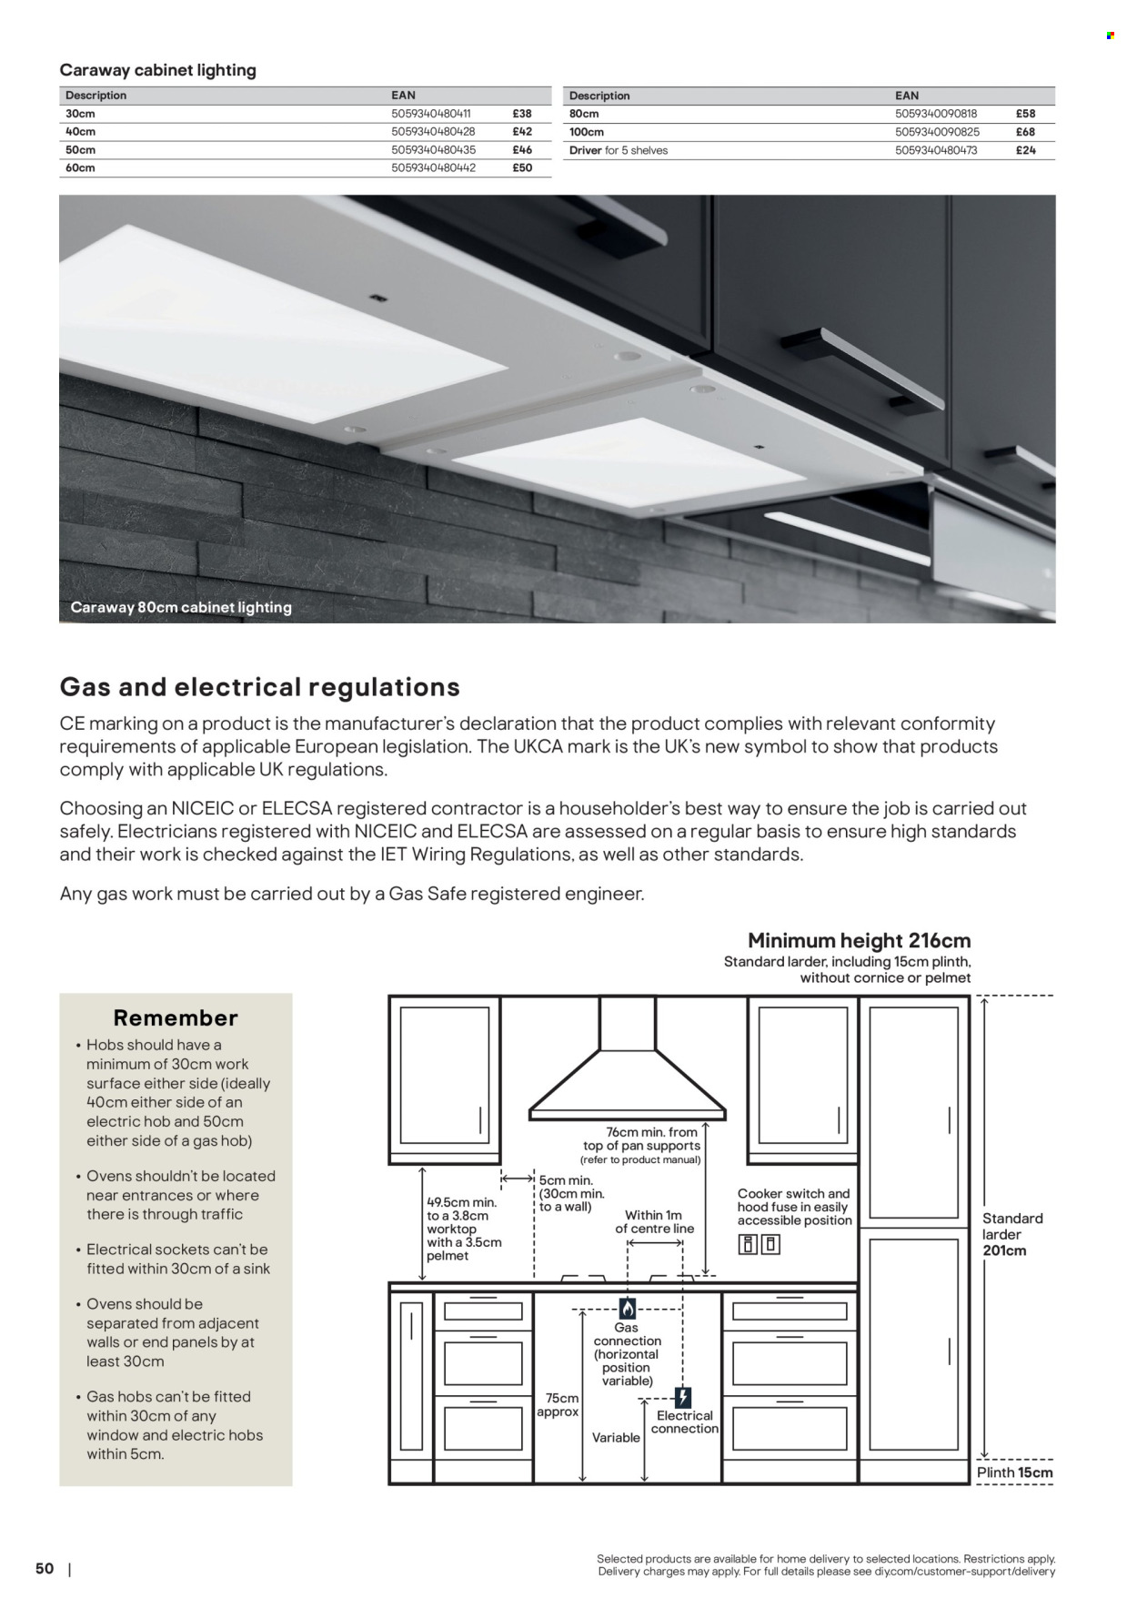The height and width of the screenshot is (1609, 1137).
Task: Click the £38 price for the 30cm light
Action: tap(521, 114)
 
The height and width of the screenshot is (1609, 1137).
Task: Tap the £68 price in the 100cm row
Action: tap(1025, 132)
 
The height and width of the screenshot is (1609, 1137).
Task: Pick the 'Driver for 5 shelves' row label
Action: tap(618, 150)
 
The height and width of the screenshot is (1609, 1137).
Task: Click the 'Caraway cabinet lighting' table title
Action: tap(157, 70)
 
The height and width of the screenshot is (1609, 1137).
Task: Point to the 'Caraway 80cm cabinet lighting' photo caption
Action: tap(181, 607)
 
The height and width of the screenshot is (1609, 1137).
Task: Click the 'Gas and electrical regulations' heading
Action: tap(259, 687)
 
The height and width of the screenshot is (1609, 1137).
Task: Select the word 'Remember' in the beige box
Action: tap(176, 1017)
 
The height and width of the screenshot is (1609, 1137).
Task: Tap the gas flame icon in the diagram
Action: tap(628, 1309)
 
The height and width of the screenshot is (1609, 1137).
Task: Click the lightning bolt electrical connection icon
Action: tap(684, 1397)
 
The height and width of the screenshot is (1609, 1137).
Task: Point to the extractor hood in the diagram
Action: tap(628, 1074)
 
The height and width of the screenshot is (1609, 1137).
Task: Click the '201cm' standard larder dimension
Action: tap(1004, 1250)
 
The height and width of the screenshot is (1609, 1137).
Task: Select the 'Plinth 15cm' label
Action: tap(1015, 1472)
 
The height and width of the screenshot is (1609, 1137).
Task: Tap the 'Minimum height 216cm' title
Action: tap(859, 940)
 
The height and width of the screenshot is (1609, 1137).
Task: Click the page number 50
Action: tap(45, 1568)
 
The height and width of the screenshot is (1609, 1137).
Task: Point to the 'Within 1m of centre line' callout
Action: tap(654, 1221)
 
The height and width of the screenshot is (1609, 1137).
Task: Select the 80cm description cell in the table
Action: tap(584, 114)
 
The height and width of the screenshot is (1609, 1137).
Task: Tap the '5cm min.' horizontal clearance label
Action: tap(566, 1180)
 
